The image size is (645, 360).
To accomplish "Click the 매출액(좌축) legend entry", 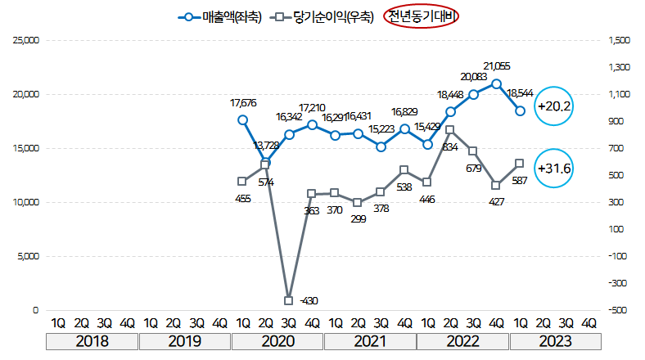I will [219, 16].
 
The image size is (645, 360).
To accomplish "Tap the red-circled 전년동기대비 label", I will [423, 16].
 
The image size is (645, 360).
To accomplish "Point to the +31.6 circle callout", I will [554, 169].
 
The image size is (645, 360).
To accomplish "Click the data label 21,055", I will [497, 67].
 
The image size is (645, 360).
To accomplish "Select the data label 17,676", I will [243, 103].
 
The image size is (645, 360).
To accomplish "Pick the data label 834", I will [449, 146].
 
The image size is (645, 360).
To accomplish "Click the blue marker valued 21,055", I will [497, 83].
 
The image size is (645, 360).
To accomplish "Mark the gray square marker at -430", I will [289, 300].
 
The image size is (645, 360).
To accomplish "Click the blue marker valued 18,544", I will [520, 110].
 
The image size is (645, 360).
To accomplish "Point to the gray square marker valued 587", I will [520, 164].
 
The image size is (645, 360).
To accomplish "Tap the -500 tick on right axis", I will [618, 311].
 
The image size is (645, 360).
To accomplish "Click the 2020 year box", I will [277, 341].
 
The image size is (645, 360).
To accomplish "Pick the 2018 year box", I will [92, 341].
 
